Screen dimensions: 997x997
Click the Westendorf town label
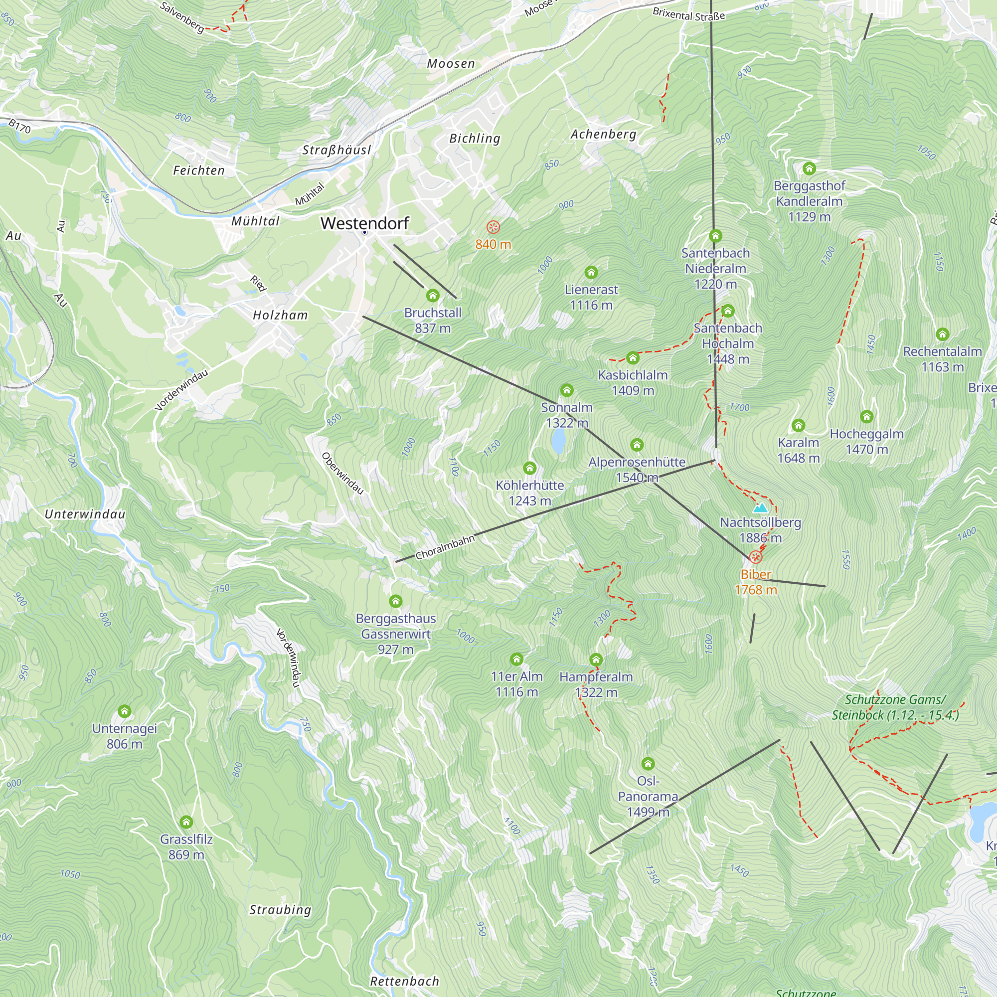364,223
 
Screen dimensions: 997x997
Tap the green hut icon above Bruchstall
432,296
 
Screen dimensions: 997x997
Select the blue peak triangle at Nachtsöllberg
760,508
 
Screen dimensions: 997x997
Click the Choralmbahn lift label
445,547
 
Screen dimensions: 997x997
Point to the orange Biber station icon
756,557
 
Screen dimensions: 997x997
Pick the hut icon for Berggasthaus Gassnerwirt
395,601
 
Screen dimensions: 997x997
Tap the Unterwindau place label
85,514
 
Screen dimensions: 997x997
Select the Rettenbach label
404,981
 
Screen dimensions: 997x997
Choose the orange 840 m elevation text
493,244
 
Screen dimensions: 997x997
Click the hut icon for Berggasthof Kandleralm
809,168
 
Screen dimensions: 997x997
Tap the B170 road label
19,126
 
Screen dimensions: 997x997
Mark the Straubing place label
280,910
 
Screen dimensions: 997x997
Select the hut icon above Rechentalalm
942,334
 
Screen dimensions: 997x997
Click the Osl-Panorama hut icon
648,763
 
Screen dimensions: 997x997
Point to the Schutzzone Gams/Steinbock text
895,707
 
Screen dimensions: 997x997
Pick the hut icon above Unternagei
124,711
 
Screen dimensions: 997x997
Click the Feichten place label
199,170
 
